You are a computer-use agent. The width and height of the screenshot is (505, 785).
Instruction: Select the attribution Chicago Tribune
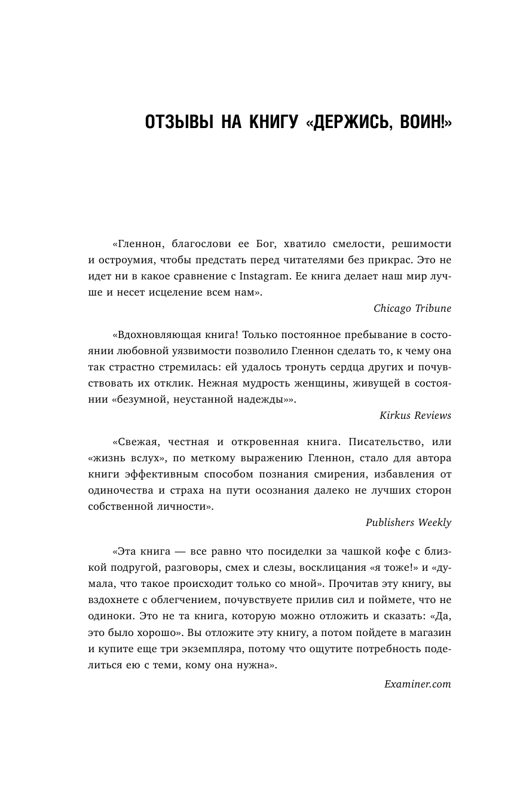pos(412,309)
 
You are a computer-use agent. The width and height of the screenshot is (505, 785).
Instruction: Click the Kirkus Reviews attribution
pos(415,415)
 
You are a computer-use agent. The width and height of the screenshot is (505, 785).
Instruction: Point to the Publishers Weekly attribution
pos(408,522)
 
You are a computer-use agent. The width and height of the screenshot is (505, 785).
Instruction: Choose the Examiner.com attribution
pos(417,683)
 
